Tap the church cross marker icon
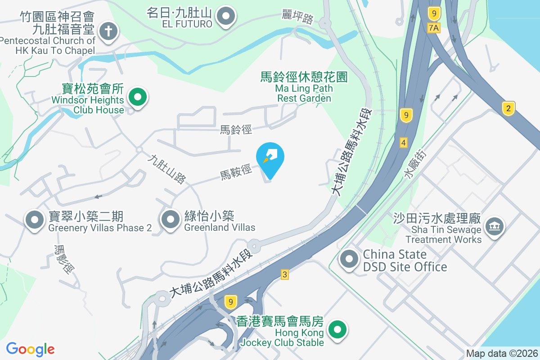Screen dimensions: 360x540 (x=108, y=32)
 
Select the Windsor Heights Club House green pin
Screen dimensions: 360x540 (x=138, y=97)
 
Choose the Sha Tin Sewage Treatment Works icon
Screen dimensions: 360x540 (x=495, y=225)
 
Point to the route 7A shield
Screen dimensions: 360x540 (x=433, y=28)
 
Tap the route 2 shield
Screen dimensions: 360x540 (x=508, y=108)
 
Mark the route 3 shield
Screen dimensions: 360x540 (x=284, y=274)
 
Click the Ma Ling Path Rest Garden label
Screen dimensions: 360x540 (x=304, y=88)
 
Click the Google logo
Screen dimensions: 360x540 (x=30, y=349)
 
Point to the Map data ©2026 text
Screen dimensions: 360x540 (x=501, y=354)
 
